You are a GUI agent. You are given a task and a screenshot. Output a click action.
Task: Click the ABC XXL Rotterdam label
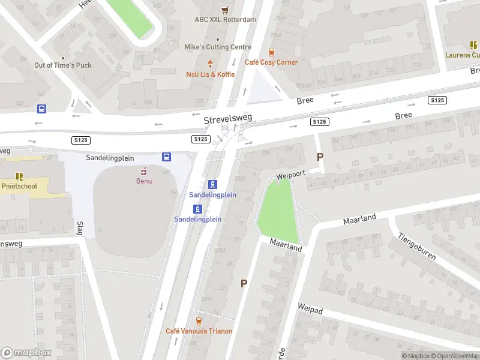tap(225, 19)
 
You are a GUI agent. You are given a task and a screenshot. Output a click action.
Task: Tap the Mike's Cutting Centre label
tap(218, 47)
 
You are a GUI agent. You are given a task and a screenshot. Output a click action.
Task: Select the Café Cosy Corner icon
tap(271, 52)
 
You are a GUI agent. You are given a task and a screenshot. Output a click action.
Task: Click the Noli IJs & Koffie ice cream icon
tap(210, 64)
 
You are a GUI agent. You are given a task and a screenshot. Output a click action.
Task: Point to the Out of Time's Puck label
tap(63, 65)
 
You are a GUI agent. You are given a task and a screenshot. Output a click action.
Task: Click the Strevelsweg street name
tap(227, 119)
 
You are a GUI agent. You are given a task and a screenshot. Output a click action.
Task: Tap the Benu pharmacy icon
tap(143, 170)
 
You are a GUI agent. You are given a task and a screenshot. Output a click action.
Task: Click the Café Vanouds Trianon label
tap(199, 331)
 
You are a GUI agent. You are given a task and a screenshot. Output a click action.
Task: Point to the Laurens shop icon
tap(473, 45)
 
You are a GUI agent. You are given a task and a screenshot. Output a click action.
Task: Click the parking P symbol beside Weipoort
tap(320, 157)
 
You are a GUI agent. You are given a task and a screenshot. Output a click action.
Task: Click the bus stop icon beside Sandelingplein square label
tap(166, 157)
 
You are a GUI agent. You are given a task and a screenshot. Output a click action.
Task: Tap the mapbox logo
tap(26, 353)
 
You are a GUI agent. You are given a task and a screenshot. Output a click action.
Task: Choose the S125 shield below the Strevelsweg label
tap(200, 139)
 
